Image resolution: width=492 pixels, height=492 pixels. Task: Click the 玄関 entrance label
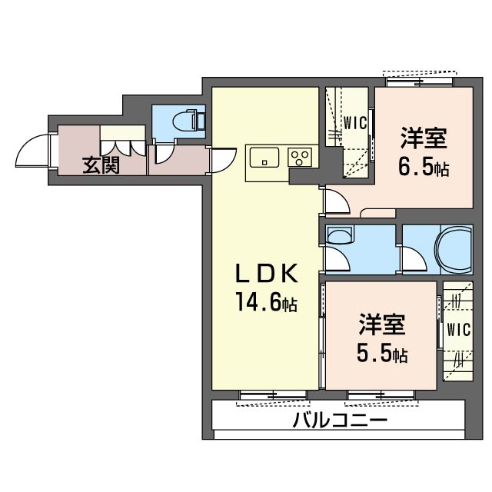(x=101, y=165)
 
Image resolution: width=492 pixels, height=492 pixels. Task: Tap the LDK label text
(x=267, y=274)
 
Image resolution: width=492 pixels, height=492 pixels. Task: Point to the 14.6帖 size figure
(x=267, y=301)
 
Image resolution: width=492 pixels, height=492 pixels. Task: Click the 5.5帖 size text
(x=382, y=354)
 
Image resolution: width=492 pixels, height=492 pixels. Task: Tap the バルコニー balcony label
(x=340, y=420)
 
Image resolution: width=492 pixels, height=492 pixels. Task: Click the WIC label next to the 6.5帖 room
(x=355, y=123)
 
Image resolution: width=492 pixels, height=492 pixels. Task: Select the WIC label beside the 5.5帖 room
(x=459, y=330)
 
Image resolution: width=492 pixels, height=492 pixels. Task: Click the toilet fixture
(x=189, y=120)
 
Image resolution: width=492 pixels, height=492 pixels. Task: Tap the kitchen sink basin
(x=264, y=157)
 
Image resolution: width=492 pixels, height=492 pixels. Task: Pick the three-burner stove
(x=300, y=157)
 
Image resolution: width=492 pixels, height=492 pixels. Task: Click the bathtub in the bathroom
(x=454, y=250)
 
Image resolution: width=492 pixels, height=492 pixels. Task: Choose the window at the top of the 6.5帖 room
(x=419, y=82)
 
